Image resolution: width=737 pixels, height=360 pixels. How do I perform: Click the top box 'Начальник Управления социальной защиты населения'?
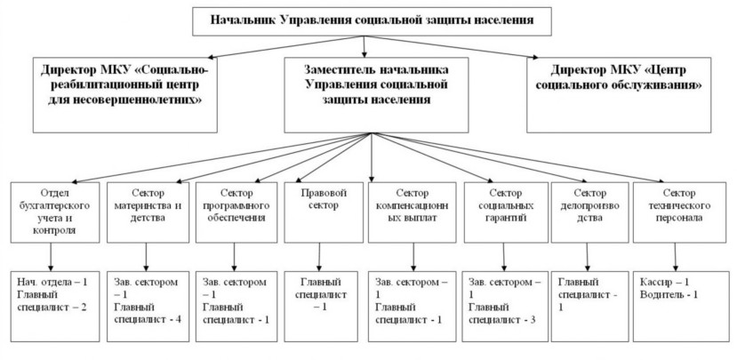pyautogui.click(x=372, y=21)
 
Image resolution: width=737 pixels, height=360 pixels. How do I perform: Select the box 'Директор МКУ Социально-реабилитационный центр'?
pyautogui.click(x=125, y=95)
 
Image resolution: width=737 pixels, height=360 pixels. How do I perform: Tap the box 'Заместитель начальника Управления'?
pyautogui.click(x=376, y=95)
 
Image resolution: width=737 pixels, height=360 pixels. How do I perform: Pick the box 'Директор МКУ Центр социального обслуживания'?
pyautogui.click(x=619, y=95)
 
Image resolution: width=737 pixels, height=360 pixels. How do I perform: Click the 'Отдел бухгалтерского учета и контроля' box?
pyautogui.click(x=55, y=212)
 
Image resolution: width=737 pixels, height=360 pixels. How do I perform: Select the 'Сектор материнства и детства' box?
pyautogui.click(x=148, y=212)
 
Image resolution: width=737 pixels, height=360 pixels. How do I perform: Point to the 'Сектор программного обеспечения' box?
pyautogui.click(x=236, y=212)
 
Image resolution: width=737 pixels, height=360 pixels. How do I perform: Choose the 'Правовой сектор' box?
pyautogui.click(x=324, y=212)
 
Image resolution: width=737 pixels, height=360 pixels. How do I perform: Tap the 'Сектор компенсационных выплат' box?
pyautogui.click(x=413, y=212)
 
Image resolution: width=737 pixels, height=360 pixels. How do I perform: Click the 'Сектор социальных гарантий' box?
pyautogui.click(x=506, y=212)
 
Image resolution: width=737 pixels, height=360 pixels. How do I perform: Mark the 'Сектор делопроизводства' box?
pyautogui.click(x=590, y=212)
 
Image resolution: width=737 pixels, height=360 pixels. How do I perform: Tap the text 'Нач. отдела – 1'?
pyautogui.click(x=52, y=283)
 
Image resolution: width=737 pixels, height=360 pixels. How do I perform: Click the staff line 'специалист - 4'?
pyautogui.click(x=148, y=320)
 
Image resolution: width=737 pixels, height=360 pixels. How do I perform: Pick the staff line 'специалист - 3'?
pyautogui.click(x=502, y=320)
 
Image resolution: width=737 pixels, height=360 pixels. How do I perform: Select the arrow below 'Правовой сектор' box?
pyautogui.click(x=320, y=257)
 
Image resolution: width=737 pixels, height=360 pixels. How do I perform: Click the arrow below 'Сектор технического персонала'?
pyautogui.click(x=676, y=257)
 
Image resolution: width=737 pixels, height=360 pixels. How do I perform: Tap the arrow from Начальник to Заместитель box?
pyautogui.click(x=364, y=46)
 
